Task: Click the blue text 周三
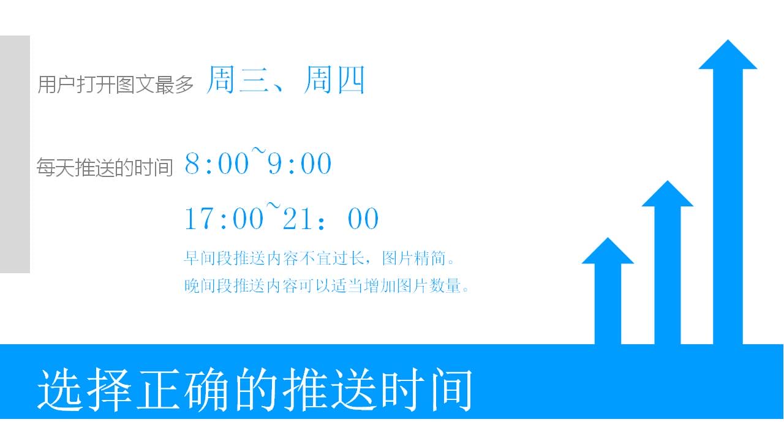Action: tap(238, 80)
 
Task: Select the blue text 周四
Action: tap(334, 80)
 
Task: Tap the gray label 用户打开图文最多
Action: tap(115, 85)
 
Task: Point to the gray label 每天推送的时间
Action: tap(105, 167)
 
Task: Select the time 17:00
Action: tap(224, 219)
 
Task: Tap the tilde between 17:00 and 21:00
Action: tap(273, 206)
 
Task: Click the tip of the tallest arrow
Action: tap(728, 40)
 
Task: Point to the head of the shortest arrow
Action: tap(608, 251)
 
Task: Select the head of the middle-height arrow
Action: tap(668, 194)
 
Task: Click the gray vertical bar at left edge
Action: tap(15, 154)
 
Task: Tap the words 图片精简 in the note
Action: tap(414, 258)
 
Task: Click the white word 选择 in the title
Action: tap(85, 390)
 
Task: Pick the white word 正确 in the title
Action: tap(183, 390)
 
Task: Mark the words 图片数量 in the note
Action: tap(429, 285)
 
